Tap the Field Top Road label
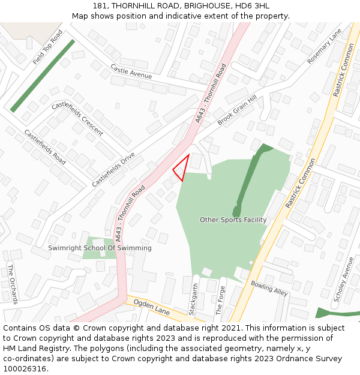click(48, 47)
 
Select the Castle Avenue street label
click(131, 72)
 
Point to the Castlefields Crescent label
click(77, 118)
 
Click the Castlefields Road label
click(45, 147)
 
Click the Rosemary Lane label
click(324, 46)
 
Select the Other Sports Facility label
click(233, 220)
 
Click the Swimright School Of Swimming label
click(100, 248)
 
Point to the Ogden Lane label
click(152, 308)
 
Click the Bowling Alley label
click(269, 288)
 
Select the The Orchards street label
click(13, 283)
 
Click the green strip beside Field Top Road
click(43, 76)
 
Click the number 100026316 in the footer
click(25, 368)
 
